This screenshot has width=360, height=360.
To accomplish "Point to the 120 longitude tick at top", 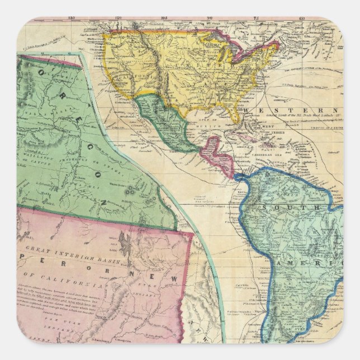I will pos(117,18).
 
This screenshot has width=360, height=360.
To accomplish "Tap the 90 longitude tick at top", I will pos(209,18).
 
